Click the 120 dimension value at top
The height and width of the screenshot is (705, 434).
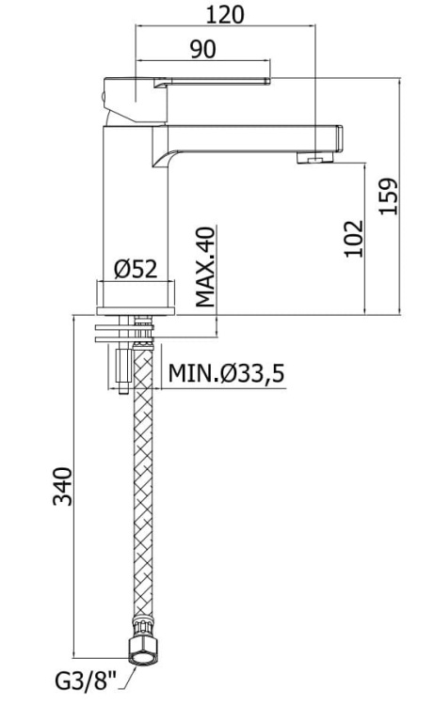click(x=225, y=14)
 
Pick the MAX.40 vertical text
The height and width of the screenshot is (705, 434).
click(x=206, y=267)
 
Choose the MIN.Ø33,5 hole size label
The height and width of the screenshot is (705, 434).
click(x=226, y=373)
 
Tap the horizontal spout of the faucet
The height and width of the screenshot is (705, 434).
click(x=254, y=134)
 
